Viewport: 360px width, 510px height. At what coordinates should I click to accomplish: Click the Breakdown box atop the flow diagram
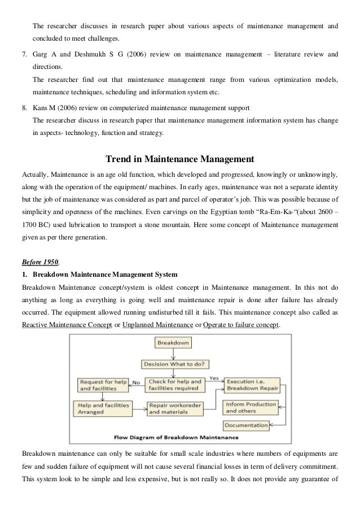[174, 343]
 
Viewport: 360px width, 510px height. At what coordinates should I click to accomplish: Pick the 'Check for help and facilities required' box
[174, 385]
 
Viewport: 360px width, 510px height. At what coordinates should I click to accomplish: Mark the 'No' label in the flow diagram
[136, 383]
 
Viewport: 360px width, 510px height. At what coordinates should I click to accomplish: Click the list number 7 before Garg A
[24, 54]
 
